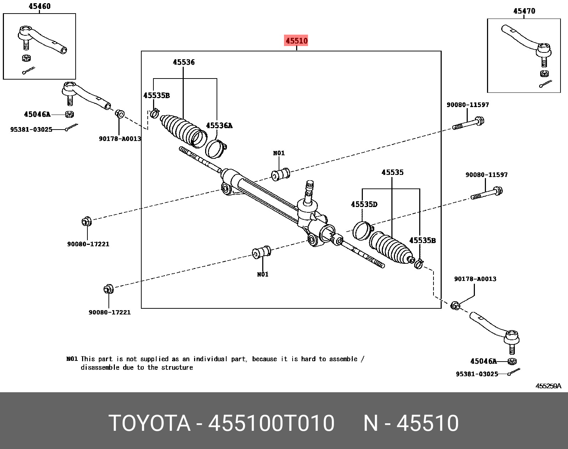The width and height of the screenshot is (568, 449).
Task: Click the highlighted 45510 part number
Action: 296,41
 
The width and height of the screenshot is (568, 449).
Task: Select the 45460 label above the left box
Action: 40,6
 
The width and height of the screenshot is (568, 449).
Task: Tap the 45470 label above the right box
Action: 524,11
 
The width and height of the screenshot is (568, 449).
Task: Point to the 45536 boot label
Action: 184,62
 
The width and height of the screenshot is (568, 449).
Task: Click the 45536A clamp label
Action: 219,126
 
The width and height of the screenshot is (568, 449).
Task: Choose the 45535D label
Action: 364,205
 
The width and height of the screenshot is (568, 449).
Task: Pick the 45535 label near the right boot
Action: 392,172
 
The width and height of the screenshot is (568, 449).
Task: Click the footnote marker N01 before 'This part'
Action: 72,359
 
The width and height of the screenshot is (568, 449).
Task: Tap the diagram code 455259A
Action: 548,386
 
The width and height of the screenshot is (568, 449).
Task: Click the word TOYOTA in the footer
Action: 149,423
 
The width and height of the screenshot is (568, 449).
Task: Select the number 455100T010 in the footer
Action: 271,423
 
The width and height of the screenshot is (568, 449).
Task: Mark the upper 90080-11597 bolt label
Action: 468,105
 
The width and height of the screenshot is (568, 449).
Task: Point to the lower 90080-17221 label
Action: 110,312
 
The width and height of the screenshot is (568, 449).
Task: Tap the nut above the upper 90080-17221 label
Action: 86,222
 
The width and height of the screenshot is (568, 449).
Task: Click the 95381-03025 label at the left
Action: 31,129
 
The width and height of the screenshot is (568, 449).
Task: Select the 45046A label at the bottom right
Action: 483,361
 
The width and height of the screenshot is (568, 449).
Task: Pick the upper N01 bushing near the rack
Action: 280,175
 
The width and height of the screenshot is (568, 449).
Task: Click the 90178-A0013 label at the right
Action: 475,279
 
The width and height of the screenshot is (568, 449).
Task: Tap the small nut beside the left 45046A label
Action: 70,114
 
